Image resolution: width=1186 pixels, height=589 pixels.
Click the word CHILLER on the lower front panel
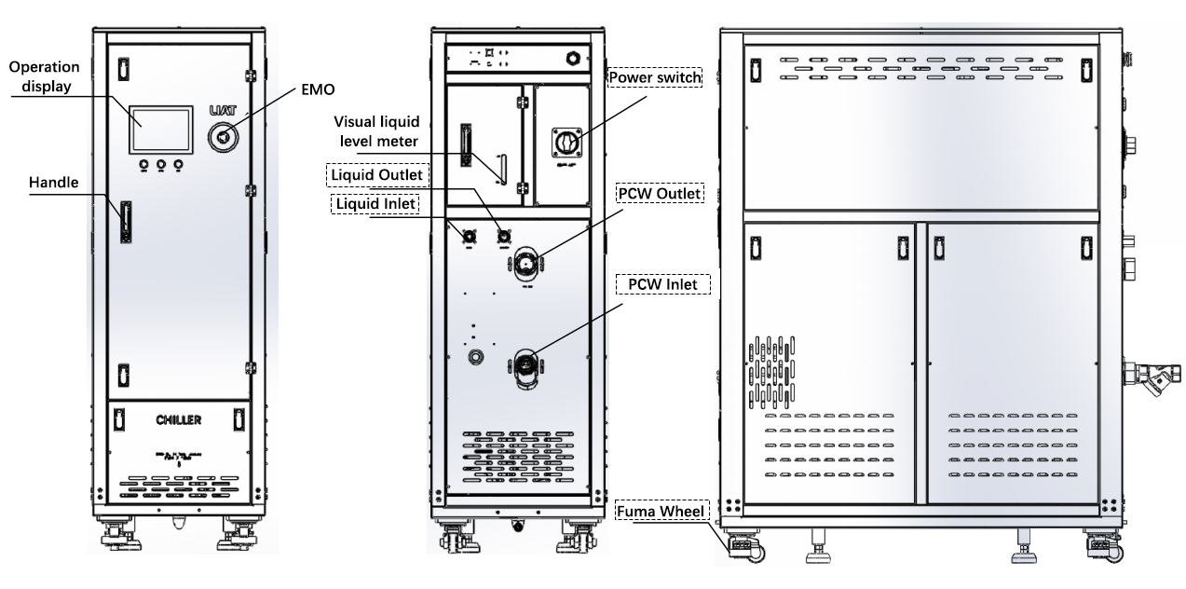(178, 420)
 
